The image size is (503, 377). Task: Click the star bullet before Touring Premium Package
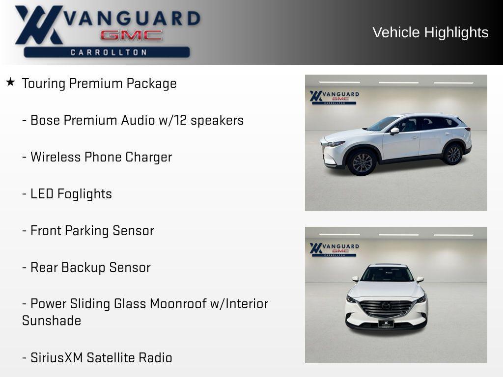[10, 82]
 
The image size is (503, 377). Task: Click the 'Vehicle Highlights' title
[430, 32]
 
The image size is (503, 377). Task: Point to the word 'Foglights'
[84, 194]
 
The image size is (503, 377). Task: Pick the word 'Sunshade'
[52, 321]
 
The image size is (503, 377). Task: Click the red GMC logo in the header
[131, 35]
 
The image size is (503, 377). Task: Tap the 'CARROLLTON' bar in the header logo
[107, 52]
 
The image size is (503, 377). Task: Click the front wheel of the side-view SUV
[362, 162]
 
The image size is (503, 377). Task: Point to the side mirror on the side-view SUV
[394, 131]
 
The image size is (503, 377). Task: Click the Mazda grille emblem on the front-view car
[386, 306]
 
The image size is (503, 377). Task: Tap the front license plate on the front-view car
[386, 323]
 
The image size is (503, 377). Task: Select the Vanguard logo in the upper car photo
[334, 97]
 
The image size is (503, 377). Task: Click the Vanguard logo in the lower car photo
[334, 249]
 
